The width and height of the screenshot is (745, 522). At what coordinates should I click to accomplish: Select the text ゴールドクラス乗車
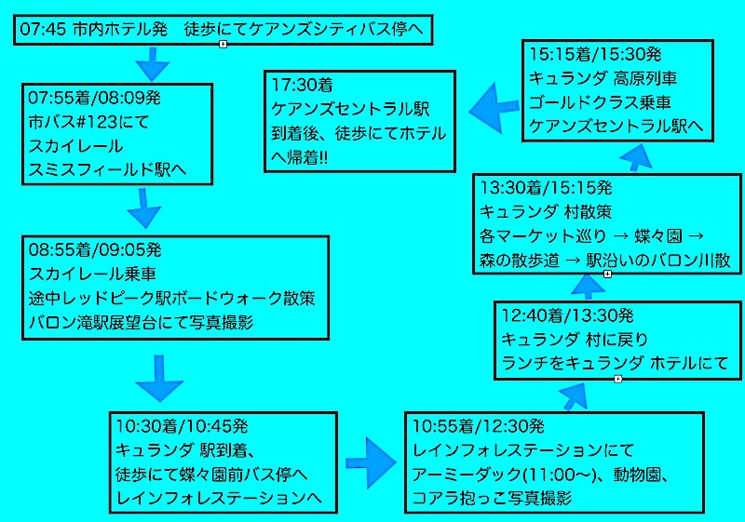click(x=600, y=101)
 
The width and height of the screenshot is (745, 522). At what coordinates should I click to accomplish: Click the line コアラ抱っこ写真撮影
click(x=493, y=499)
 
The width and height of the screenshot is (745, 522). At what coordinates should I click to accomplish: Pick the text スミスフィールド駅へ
click(x=107, y=170)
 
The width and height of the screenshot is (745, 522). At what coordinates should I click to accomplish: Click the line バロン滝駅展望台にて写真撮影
click(x=142, y=323)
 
